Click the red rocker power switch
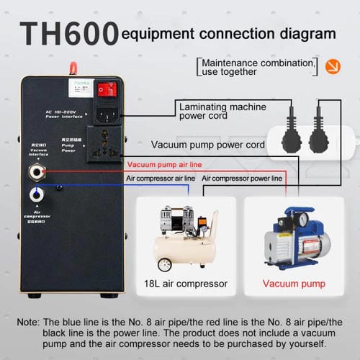107,89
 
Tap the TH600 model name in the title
69,33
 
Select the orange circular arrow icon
333,67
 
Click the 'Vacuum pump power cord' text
207,145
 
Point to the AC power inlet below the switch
107,114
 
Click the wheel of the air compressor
165,261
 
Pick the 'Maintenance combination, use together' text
256,67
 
